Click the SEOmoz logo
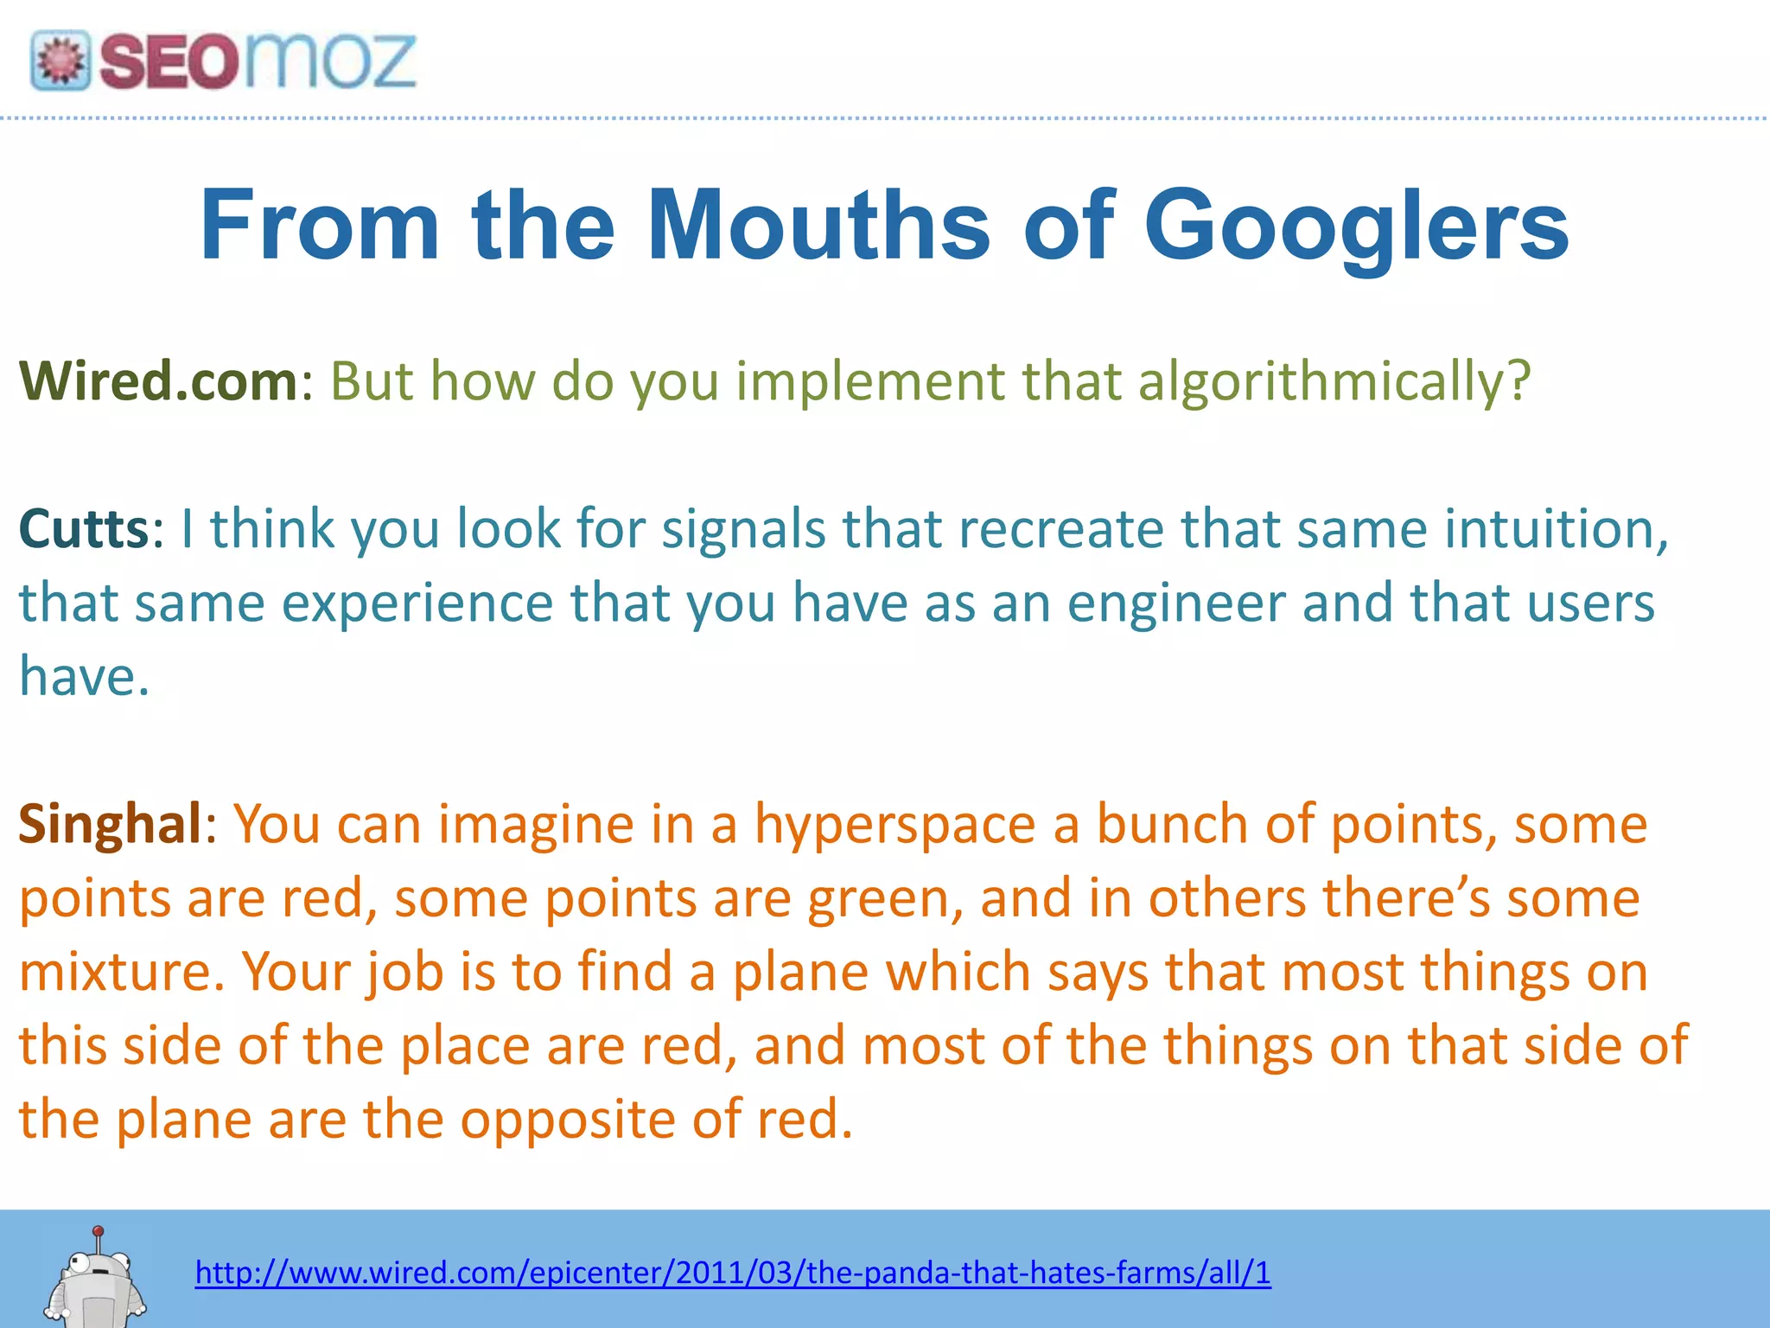(x=223, y=61)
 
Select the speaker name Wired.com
(x=158, y=380)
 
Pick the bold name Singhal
(x=111, y=823)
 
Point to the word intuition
(x=1555, y=528)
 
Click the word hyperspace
(x=895, y=825)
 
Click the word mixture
(x=121, y=972)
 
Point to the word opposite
(x=567, y=1120)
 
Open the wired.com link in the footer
(x=733, y=1273)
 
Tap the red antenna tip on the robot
(x=99, y=1230)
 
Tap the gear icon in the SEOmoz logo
(x=60, y=61)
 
